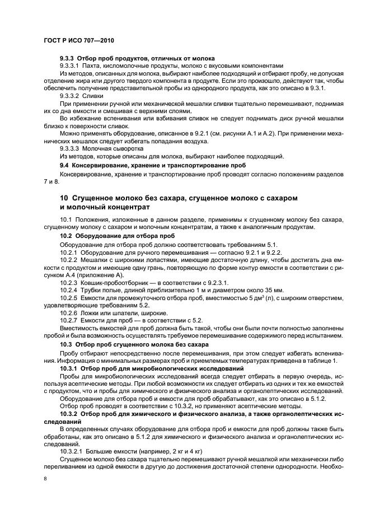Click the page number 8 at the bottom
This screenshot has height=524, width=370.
pos(45,478)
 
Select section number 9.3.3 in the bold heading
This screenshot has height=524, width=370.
pos(67,58)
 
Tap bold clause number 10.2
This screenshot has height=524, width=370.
pos(66,237)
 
